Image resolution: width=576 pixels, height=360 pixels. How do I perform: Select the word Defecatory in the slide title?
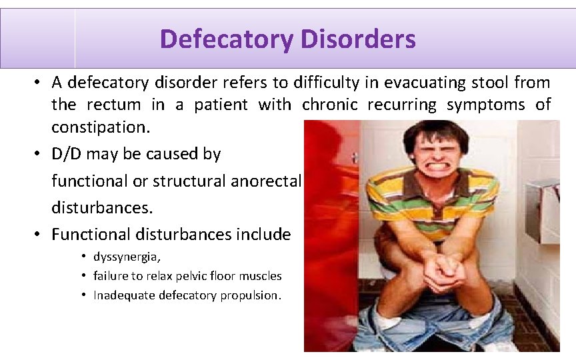pos(226,39)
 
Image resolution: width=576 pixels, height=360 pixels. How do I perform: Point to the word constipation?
pos(99,126)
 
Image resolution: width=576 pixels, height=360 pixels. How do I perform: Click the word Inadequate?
pos(124,295)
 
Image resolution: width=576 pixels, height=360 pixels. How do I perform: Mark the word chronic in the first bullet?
pos(329,105)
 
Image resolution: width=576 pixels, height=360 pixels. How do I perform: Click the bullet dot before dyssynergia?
pos(85,257)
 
